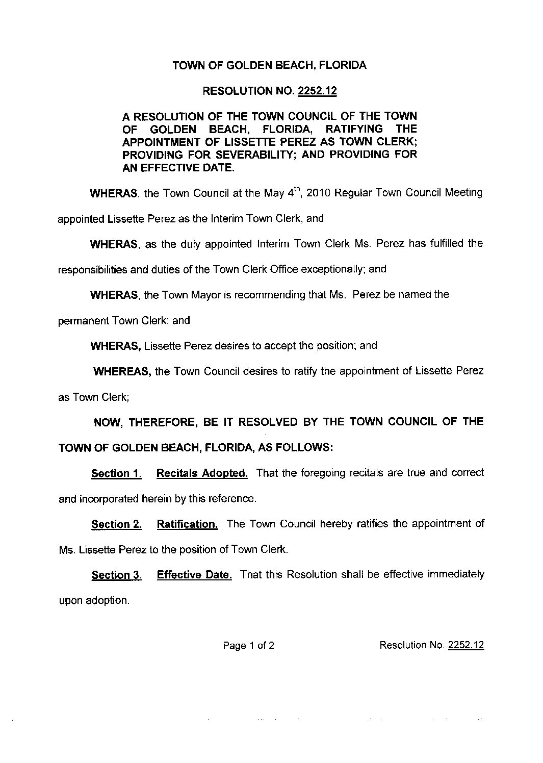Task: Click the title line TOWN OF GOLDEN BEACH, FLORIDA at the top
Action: coord(269,66)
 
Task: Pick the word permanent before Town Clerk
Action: coord(84,321)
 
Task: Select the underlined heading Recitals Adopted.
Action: coord(202,473)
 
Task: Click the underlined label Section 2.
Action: coord(116,525)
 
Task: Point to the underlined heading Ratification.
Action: coord(188,524)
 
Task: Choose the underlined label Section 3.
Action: coord(116,576)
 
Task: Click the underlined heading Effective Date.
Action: coord(194,575)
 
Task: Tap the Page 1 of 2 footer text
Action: coord(248,646)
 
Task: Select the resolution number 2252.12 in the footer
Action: coord(466,646)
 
